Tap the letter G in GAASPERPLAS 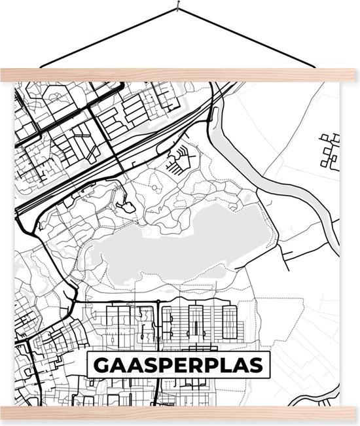[x=103, y=364]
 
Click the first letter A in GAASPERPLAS [x=118, y=364]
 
